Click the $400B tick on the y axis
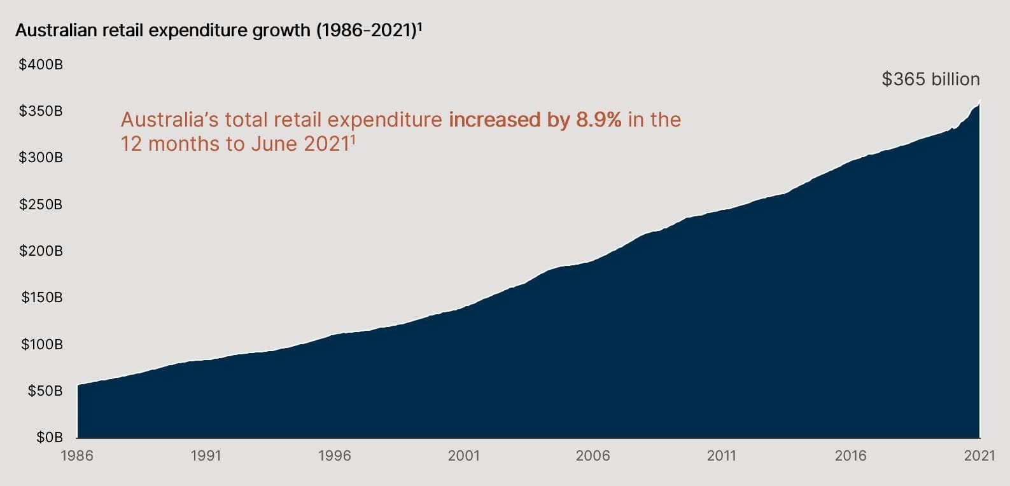(41, 64)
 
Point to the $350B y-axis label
(41, 111)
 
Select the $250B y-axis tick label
(41, 204)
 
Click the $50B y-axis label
(45, 391)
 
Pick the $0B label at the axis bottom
(49, 437)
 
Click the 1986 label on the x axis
(76, 455)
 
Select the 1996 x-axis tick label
(334, 455)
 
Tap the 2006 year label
(593, 455)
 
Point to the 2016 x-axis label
(850, 455)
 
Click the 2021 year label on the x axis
(979, 455)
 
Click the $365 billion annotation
(930, 80)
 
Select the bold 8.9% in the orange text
(598, 120)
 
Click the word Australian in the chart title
(55, 31)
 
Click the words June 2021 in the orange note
(298, 144)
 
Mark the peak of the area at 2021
(979, 102)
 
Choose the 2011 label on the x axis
(721, 455)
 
